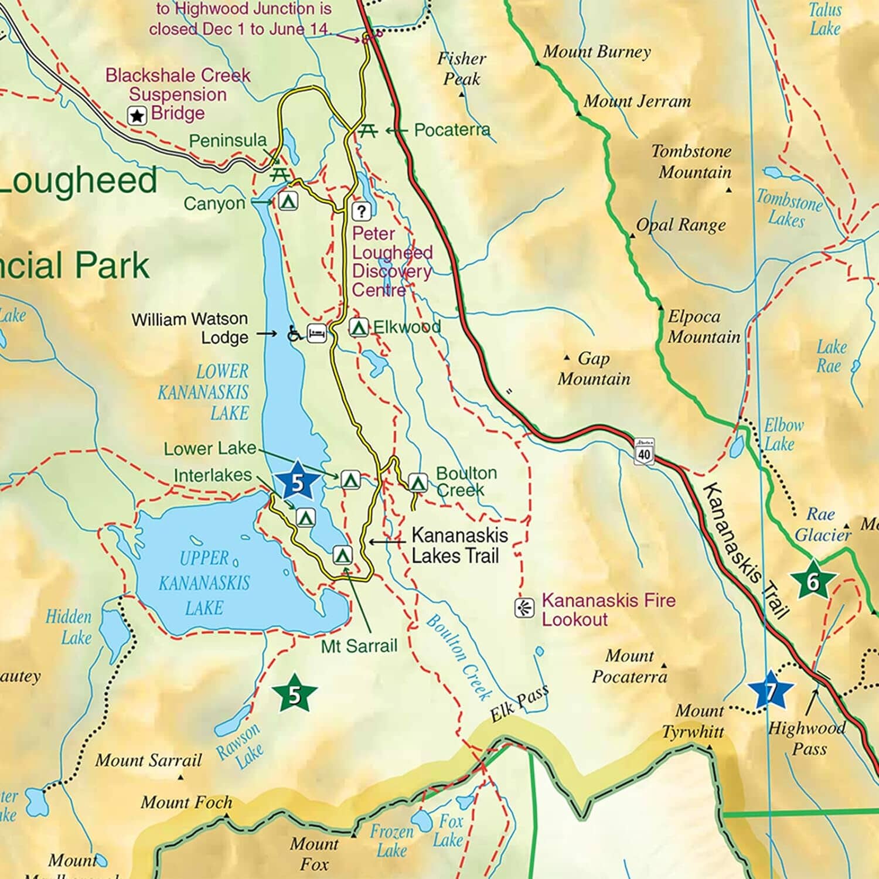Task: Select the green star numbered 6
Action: [x=813, y=580]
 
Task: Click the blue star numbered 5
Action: [x=298, y=482]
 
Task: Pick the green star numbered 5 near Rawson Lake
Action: [x=295, y=694]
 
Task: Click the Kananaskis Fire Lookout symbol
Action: [x=524, y=608]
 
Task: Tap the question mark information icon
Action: [x=362, y=211]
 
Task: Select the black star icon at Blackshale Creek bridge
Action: [x=137, y=115]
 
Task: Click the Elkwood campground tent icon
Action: [x=359, y=328]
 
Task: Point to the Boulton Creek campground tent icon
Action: [x=417, y=482]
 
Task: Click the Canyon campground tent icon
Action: [x=287, y=201]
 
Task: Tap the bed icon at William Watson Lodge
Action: [x=317, y=334]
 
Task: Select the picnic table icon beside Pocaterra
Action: [x=367, y=131]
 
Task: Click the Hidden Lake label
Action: [x=70, y=626]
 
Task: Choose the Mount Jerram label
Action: [x=637, y=101]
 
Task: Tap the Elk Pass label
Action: [x=519, y=703]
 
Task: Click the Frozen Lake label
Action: [x=391, y=840]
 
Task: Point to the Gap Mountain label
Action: [x=594, y=369]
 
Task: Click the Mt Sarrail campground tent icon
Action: [x=342, y=554]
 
